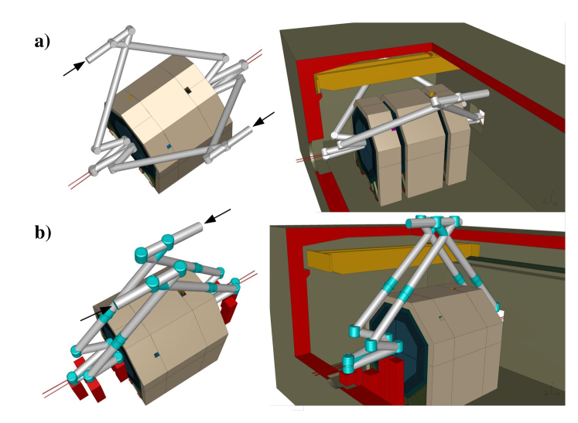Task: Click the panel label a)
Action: [x=42, y=43]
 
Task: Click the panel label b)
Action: [x=42, y=231]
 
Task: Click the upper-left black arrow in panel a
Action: [x=74, y=69]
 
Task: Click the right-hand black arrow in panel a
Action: [x=264, y=120]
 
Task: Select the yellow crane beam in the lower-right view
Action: [x=348, y=260]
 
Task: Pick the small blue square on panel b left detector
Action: [x=157, y=355]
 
